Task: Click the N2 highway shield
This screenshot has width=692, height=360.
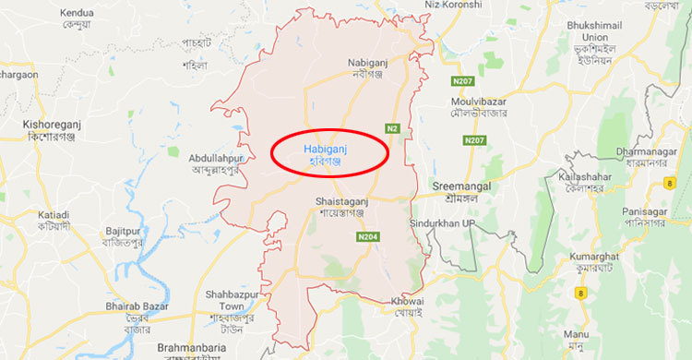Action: [x=393, y=128]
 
